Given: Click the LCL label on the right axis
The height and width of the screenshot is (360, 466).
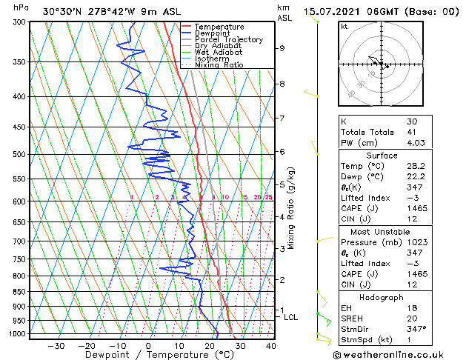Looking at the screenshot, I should pyautogui.click(x=291, y=317).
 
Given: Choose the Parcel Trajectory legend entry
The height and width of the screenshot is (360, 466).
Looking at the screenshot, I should pyautogui.click(x=228, y=39).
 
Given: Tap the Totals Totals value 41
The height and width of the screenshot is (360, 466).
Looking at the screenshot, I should pyautogui.click(x=412, y=132).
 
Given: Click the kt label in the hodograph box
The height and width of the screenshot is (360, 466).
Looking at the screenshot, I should pyautogui.click(x=344, y=26).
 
